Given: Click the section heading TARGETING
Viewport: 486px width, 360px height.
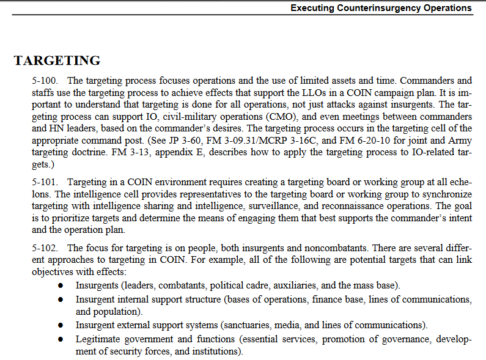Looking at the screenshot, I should click(57, 61).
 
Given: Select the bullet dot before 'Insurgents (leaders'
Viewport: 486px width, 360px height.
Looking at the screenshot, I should click(60, 286).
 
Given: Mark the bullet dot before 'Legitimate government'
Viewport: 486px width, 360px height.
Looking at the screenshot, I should click(60, 339).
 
